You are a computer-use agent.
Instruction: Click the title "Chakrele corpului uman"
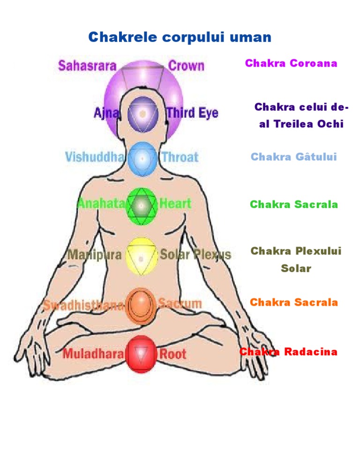click(x=180, y=38)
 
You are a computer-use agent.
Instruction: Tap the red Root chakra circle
click(x=141, y=354)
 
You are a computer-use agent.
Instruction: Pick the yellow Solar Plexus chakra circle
click(x=141, y=256)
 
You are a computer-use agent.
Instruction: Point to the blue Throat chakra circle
click(x=142, y=158)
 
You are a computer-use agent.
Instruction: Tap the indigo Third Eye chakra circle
click(x=141, y=113)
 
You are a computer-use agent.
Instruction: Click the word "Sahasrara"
click(x=87, y=66)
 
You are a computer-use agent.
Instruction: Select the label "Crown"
click(x=186, y=66)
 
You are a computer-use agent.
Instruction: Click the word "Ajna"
click(x=106, y=113)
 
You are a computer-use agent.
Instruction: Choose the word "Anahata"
click(x=101, y=203)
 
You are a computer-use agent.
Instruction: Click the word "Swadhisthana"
click(x=84, y=305)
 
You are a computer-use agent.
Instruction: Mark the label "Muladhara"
click(x=93, y=354)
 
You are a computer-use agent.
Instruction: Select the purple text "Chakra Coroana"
click(x=291, y=63)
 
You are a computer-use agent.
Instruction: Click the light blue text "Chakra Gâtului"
click(x=294, y=157)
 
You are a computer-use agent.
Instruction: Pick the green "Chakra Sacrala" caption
click(x=294, y=204)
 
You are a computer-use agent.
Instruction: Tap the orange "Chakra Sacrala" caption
click(x=294, y=302)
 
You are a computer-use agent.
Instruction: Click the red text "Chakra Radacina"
click(x=288, y=352)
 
